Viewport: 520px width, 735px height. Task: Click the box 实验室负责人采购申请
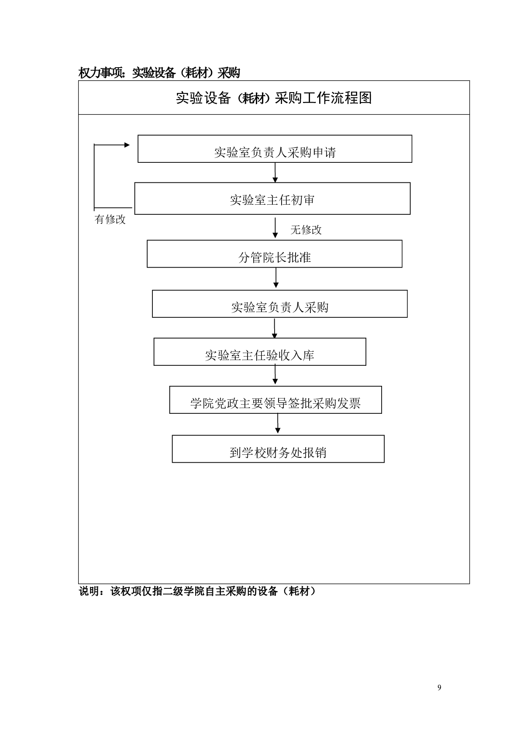275,149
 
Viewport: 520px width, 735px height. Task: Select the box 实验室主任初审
272,199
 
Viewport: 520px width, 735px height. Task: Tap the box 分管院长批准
274,254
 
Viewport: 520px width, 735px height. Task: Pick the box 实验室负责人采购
279,304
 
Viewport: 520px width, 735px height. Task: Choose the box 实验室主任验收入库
259,352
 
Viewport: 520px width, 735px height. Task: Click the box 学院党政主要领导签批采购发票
275,400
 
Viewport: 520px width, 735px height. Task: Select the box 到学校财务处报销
278,449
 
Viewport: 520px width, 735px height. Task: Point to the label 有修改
110,219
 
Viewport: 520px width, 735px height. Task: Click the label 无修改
306,230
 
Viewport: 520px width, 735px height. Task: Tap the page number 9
439,688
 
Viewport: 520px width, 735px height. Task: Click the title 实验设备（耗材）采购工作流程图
274,98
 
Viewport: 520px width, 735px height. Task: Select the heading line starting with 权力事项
159,72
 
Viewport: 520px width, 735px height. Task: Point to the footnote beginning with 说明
197,591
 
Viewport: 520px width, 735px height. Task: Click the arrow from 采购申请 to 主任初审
275,172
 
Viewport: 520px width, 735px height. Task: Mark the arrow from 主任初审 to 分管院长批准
275,227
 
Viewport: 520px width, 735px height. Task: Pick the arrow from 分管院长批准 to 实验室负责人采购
276,278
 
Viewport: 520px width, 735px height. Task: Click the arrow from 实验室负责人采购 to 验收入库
275,328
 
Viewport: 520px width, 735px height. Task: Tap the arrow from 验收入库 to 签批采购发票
275,375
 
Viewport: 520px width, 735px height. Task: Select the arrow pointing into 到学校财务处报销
278,424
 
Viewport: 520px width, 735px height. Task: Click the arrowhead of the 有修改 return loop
127,145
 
